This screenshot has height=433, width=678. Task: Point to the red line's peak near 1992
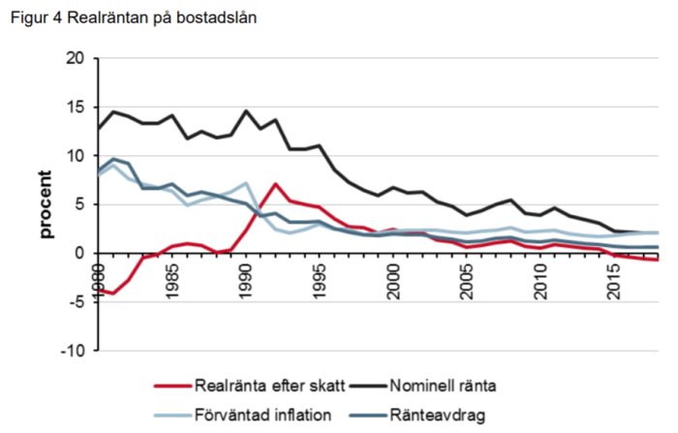coord(276,184)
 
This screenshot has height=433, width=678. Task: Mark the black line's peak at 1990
coord(246,110)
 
